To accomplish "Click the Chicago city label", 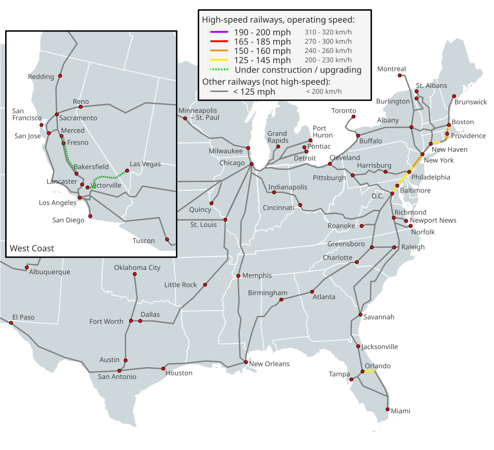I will [x=232, y=163].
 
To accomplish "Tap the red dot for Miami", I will [x=389, y=409].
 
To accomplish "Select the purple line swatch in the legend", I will [x=219, y=32].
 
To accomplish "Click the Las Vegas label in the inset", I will [x=145, y=164].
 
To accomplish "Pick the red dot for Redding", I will [x=60, y=76].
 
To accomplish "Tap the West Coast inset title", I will [x=32, y=248].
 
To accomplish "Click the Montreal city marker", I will [x=399, y=76].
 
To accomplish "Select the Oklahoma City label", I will [x=137, y=267].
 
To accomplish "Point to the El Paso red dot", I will [x=11, y=323].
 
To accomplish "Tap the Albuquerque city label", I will [x=49, y=272].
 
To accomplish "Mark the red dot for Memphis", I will [x=238, y=276].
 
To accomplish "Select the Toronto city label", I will [x=343, y=111].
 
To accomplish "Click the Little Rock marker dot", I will [x=205, y=284].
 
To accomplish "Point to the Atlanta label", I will [x=324, y=297].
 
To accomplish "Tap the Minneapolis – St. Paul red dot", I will [x=185, y=118].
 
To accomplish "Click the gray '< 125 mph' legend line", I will [x=219, y=92].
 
